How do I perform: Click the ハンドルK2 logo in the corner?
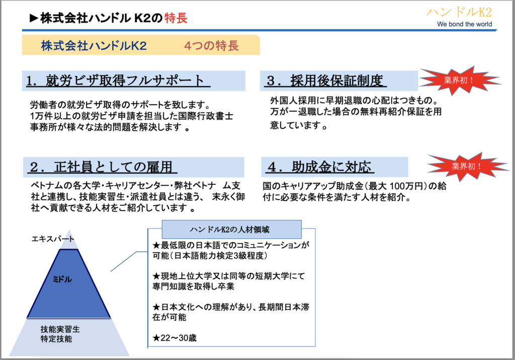tap(459, 13)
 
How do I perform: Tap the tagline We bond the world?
tap(464, 24)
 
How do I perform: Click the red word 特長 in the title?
tap(176, 18)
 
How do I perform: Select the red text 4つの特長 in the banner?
tap(211, 46)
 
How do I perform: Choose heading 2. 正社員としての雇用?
tap(102, 167)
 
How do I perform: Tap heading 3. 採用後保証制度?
tap(325, 81)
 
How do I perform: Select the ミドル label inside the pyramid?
tap(62, 279)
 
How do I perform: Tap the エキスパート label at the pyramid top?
tap(53, 239)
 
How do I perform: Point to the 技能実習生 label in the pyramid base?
tap(60, 329)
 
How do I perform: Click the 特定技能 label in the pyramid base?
tap(56, 339)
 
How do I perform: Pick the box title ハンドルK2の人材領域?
tap(229, 229)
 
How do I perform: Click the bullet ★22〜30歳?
tap(175, 338)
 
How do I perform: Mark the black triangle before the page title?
tap(34, 18)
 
